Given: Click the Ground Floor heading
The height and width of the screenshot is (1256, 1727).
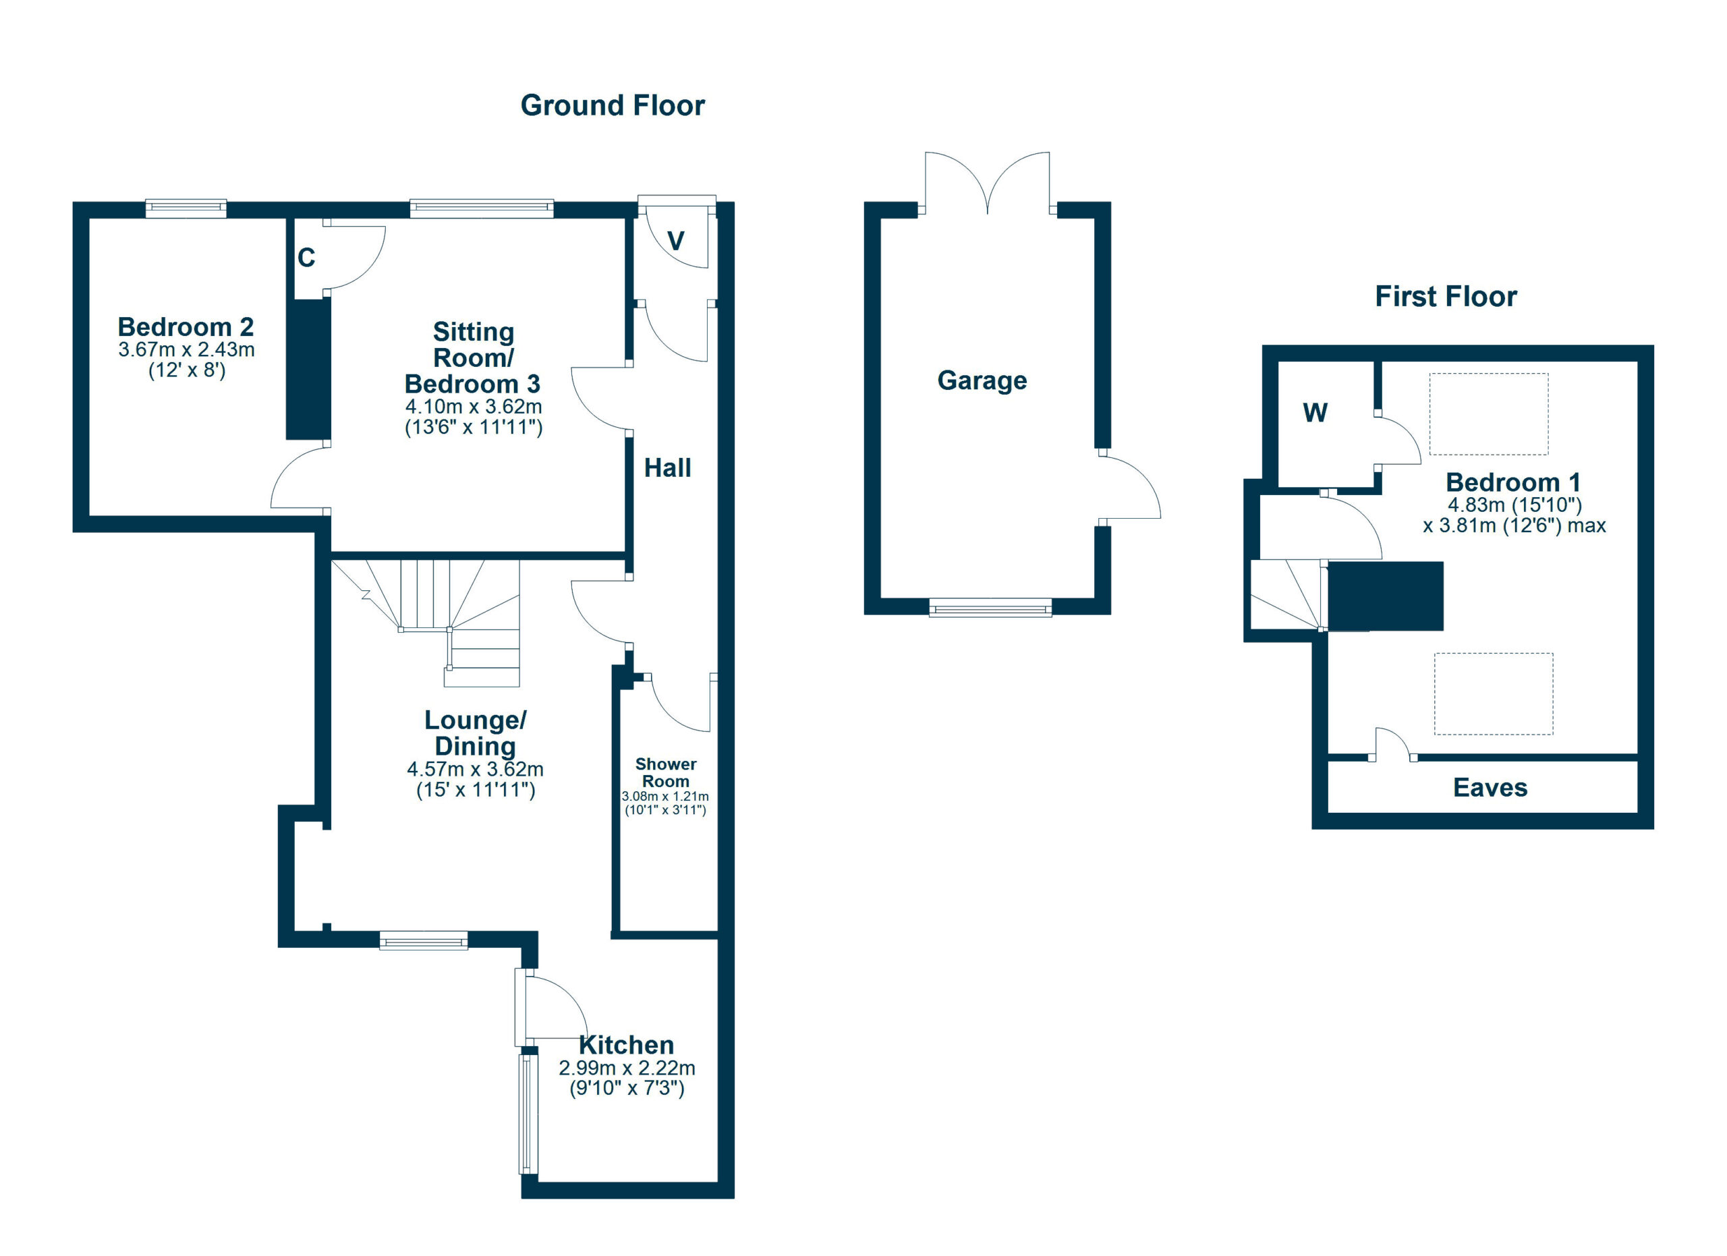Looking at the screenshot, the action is pyautogui.click(x=613, y=105).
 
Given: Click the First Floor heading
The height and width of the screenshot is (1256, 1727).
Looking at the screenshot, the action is pyautogui.click(x=1445, y=296).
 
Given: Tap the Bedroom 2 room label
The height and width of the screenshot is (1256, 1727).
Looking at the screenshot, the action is pyautogui.click(x=186, y=327).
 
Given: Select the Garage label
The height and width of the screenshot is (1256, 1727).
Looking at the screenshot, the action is pyautogui.click(x=982, y=380).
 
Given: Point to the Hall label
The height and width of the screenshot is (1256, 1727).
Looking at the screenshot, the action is pyautogui.click(x=667, y=468).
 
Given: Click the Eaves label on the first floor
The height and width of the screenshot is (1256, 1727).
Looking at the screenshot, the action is pyautogui.click(x=1490, y=788).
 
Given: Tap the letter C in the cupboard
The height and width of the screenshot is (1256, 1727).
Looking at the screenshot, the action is pyautogui.click(x=306, y=258).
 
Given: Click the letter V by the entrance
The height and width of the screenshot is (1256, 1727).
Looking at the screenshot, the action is pyautogui.click(x=675, y=241).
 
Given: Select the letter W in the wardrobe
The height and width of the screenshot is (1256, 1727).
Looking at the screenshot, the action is pyautogui.click(x=1315, y=413).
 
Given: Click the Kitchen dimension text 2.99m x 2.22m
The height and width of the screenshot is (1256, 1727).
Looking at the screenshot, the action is pyautogui.click(x=627, y=1068).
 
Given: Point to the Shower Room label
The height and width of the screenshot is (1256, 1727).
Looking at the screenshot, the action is pyautogui.click(x=666, y=772).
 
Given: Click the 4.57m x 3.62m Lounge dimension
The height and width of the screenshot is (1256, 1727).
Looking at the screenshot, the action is pyautogui.click(x=475, y=769).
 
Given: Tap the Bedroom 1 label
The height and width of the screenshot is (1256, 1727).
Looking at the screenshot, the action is pyautogui.click(x=1514, y=482).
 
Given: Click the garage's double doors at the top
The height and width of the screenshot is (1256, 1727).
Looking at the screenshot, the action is pyautogui.click(x=988, y=183).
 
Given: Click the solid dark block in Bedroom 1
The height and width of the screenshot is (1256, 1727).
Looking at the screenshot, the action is pyautogui.click(x=1385, y=596).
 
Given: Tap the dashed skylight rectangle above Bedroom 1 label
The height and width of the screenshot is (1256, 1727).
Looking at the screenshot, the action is pyautogui.click(x=1489, y=414).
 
